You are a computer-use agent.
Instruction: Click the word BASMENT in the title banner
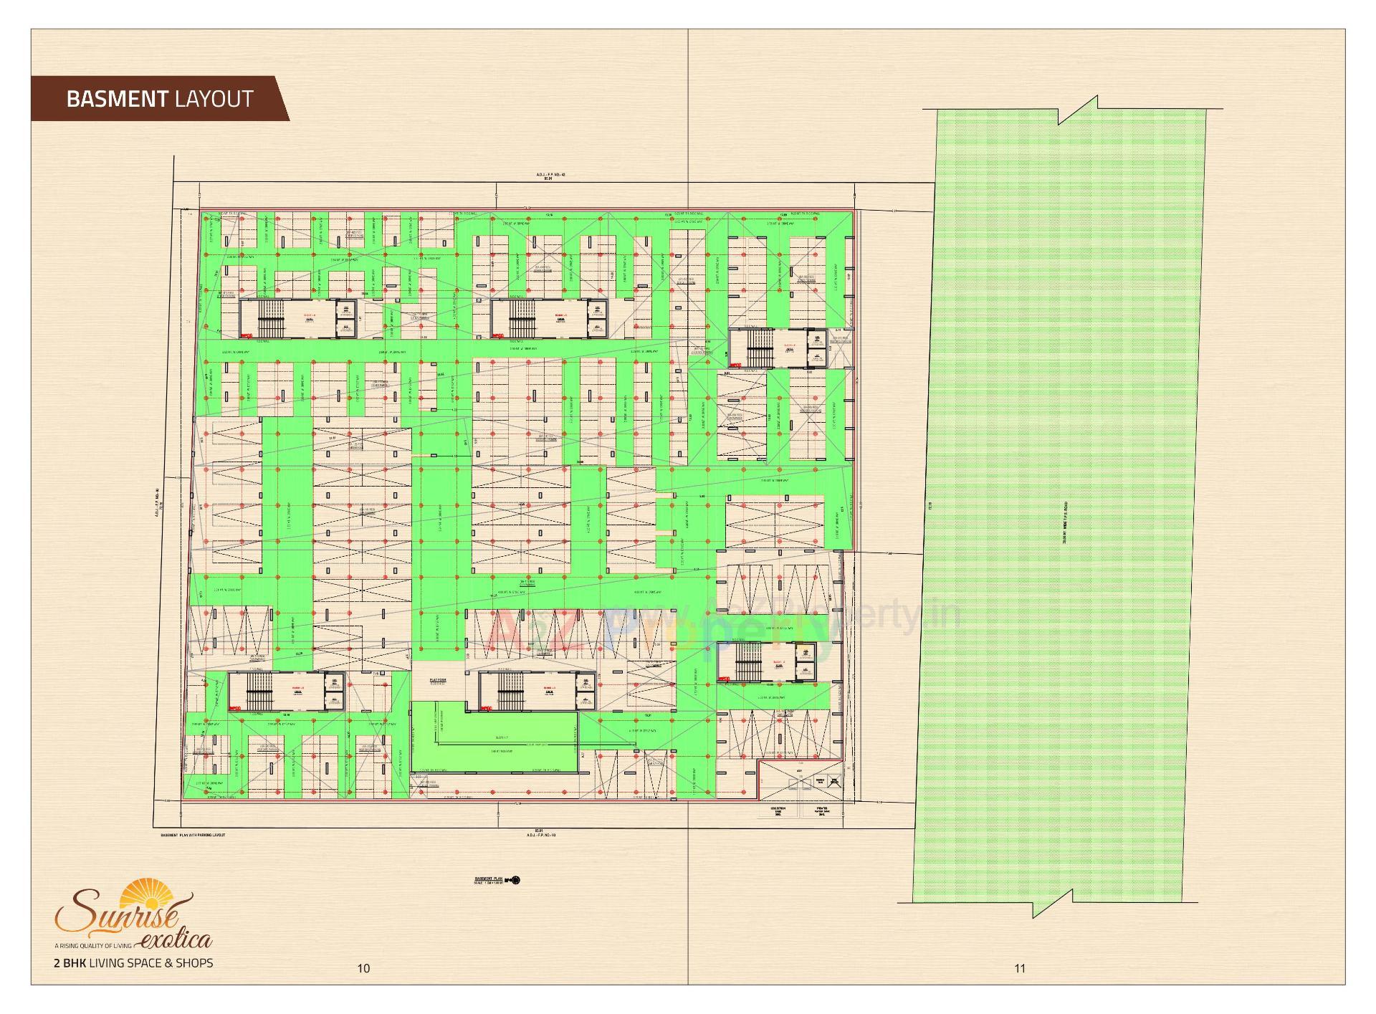[117, 99]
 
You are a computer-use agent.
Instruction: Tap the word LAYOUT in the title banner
[214, 99]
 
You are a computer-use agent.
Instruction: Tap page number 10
[363, 968]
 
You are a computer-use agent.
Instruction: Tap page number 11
[1020, 968]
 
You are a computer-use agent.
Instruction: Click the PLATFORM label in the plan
[438, 681]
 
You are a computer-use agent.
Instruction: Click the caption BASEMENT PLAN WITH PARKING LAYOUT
[193, 836]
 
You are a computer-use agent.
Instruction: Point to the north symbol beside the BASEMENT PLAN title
[516, 880]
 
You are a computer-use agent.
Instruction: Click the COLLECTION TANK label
[778, 811]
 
